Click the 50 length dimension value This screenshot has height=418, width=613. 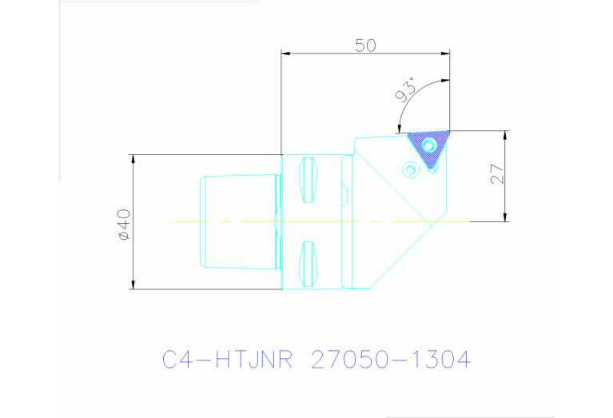click(365, 45)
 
